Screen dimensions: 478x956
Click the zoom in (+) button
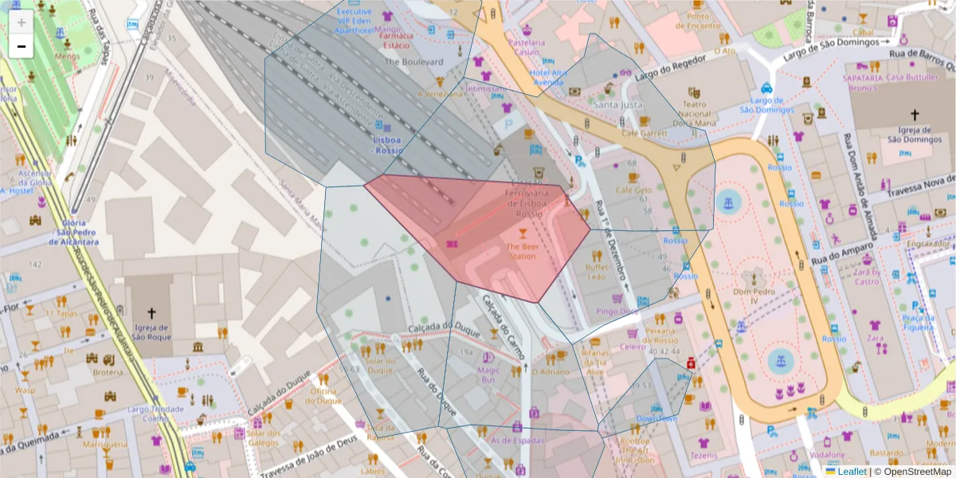21,22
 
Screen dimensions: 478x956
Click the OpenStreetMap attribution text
916,471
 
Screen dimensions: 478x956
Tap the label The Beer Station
522,251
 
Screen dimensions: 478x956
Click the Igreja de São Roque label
151,331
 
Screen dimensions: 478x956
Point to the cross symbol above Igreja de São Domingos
915,115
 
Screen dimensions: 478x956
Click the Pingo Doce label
616,311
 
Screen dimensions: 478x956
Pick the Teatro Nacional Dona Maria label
695,113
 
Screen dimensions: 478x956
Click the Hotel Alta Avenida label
547,76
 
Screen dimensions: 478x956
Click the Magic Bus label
488,374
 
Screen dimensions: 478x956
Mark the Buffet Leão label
597,272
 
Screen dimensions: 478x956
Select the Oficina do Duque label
325,396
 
